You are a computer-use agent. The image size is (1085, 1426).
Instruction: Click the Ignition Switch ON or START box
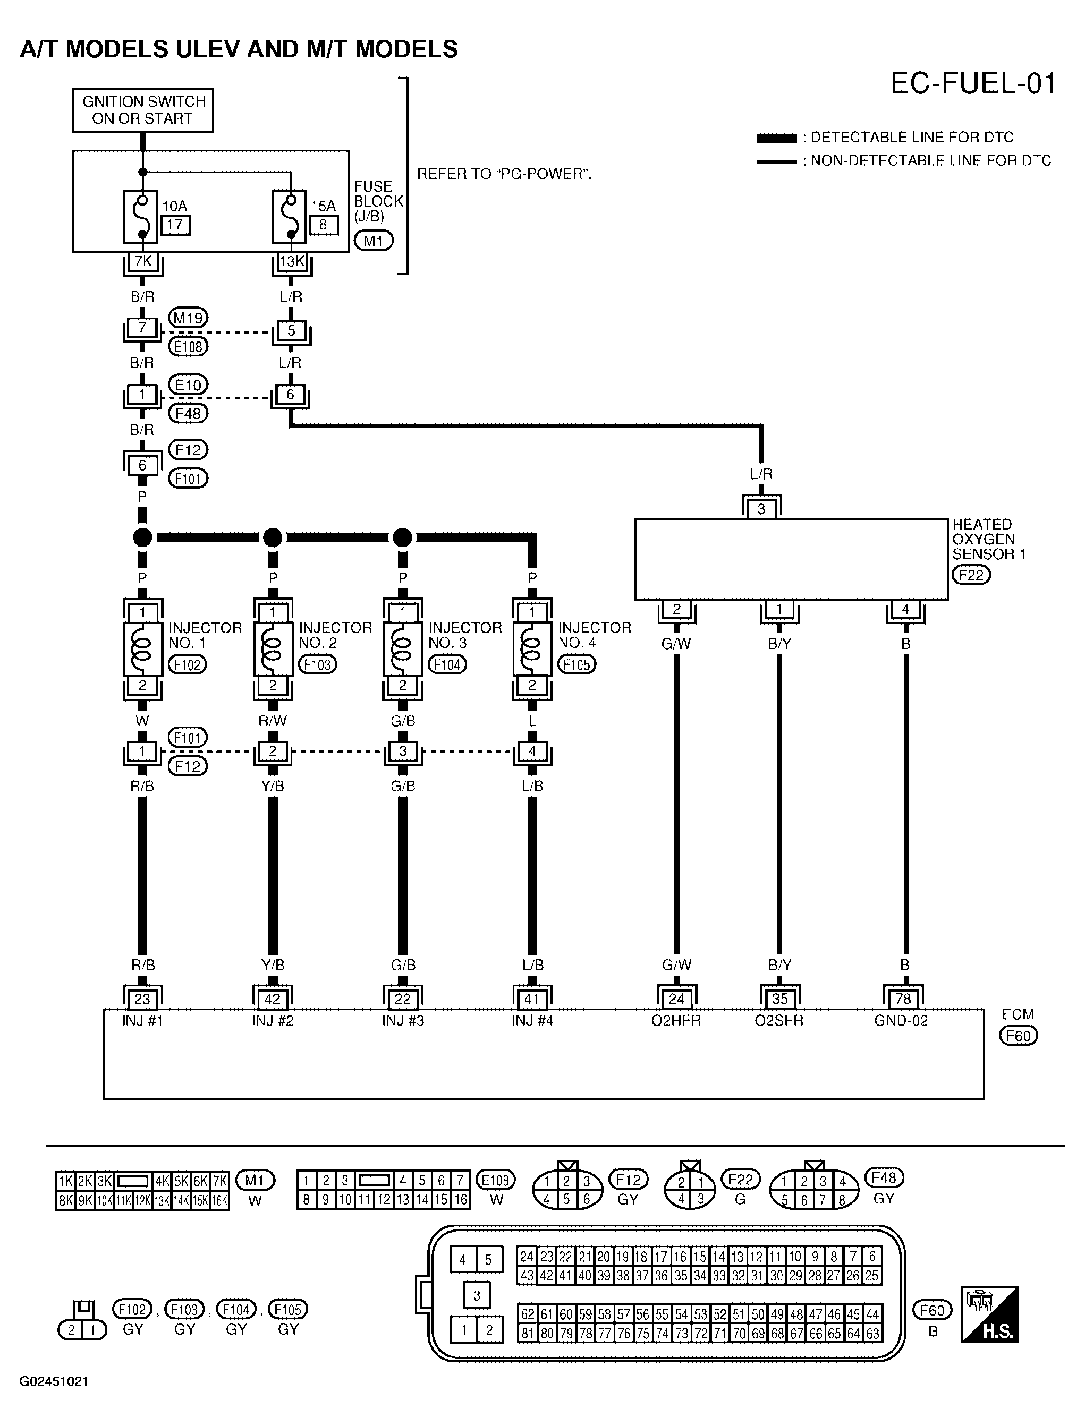coord(143,110)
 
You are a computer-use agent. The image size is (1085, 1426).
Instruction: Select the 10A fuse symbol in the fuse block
coord(141,217)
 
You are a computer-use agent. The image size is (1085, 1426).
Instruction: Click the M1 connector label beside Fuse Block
coord(374,241)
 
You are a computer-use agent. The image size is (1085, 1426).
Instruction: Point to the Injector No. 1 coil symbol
coord(143,649)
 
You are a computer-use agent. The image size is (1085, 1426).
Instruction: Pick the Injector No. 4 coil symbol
coord(532,649)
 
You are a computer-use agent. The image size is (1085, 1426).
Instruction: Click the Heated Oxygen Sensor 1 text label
coord(988,539)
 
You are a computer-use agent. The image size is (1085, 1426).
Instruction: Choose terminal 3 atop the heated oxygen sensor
coord(761,509)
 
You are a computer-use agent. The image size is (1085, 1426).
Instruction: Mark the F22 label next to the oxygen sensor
coord(971,575)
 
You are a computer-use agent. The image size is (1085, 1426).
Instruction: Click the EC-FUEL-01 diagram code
coord(973,84)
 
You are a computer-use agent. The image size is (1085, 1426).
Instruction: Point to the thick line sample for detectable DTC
coord(776,138)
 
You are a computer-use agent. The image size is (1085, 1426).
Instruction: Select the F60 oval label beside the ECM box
coord(1018,1036)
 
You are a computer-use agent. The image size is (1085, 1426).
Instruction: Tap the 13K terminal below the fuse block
coord(291,261)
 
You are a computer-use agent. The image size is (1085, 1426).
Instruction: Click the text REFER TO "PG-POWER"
coord(504,174)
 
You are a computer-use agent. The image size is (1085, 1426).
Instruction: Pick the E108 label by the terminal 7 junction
coord(188,347)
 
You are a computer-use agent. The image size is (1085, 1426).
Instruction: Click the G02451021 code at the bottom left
coord(54,1381)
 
